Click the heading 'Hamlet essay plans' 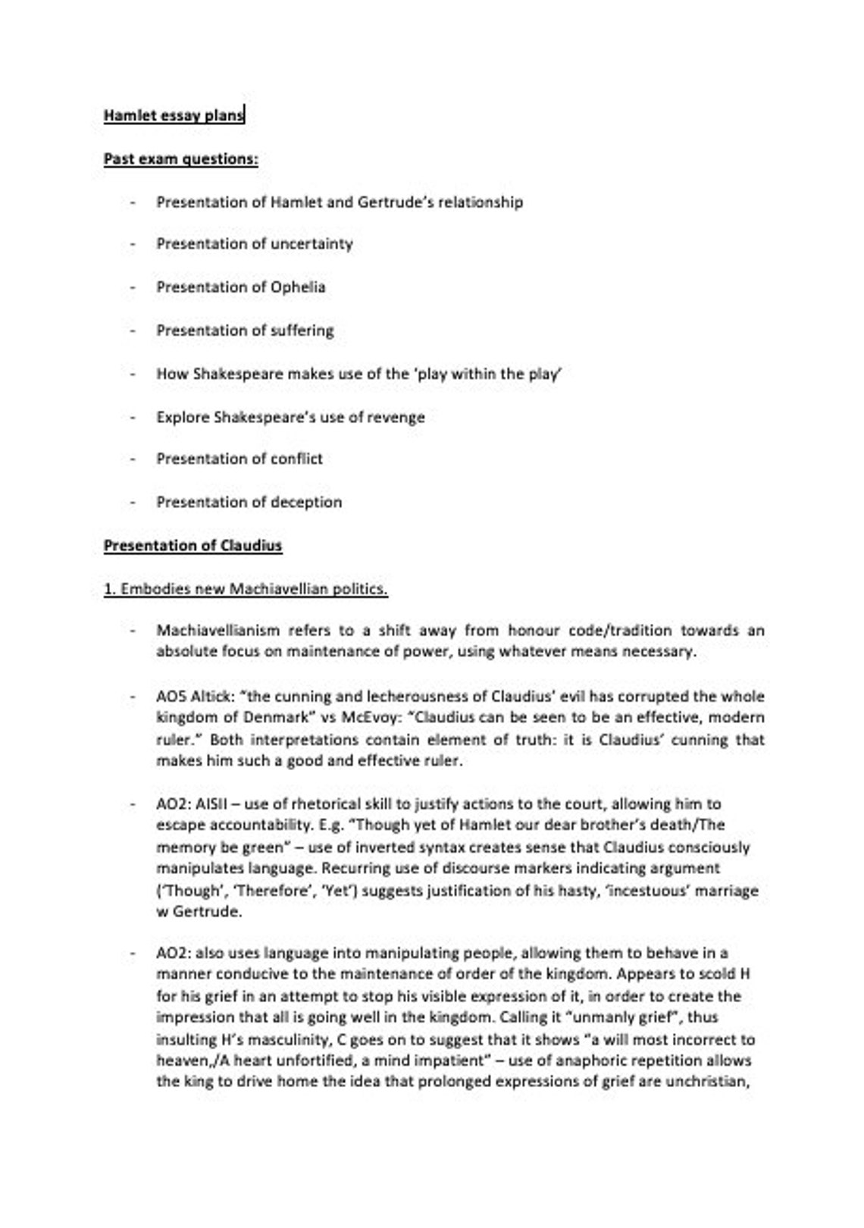(x=174, y=115)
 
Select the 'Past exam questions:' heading (x=180, y=159)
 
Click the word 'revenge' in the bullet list (x=396, y=417)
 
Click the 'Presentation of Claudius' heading (x=193, y=546)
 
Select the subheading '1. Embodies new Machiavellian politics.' (x=246, y=589)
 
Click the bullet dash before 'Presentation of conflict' (x=133, y=459)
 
